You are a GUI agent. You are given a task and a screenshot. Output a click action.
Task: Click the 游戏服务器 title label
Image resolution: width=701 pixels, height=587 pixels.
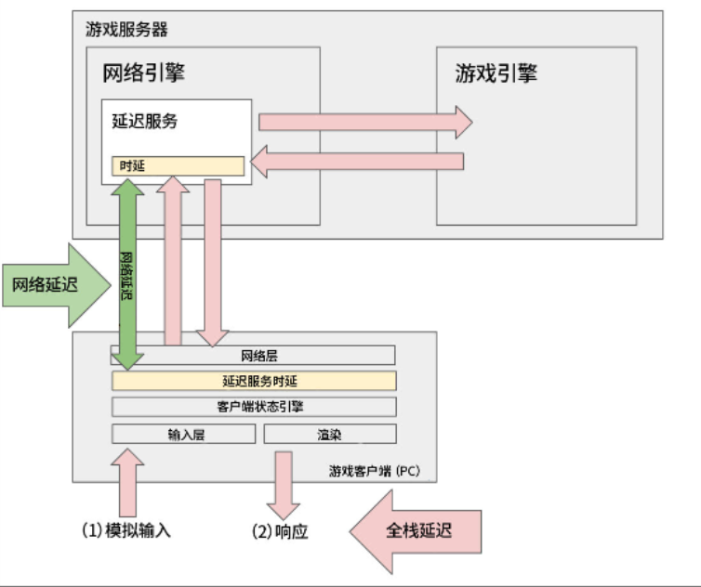(126, 29)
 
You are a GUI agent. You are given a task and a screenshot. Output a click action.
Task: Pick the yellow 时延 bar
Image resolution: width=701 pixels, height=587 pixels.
(178, 165)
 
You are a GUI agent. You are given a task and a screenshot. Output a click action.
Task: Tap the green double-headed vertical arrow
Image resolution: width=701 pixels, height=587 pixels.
(126, 275)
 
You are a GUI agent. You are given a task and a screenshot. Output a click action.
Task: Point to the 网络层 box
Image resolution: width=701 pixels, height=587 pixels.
(253, 355)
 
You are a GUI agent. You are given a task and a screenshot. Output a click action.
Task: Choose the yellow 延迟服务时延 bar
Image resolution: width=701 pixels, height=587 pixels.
(254, 381)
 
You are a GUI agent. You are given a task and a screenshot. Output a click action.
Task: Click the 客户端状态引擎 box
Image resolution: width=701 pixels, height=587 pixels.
(254, 407)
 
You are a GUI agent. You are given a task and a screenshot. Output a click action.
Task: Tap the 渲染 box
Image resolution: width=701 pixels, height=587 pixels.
(330, 434)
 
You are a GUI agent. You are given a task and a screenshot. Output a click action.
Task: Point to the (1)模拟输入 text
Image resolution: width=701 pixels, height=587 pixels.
(126, 531)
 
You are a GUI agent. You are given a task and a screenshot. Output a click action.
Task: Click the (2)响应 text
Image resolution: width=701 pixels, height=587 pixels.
(279, 531)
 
